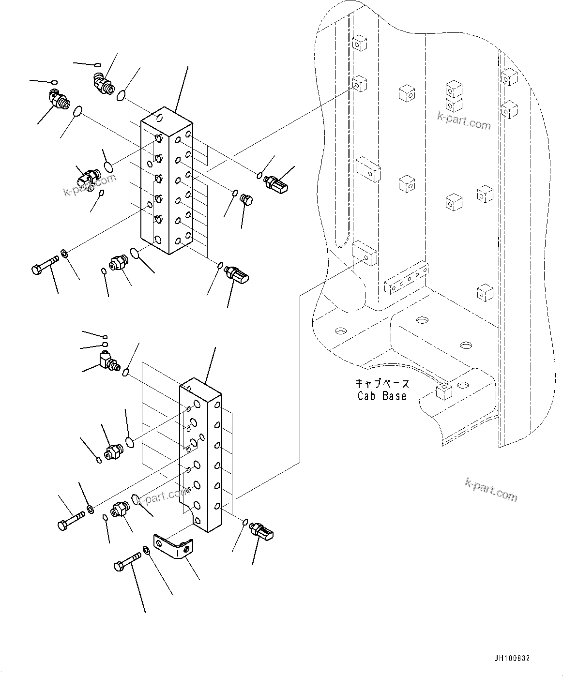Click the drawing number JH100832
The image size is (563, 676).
pyautogui.click(x=512, y=658)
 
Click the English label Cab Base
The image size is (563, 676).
pyautogui.click(x=381, y=396)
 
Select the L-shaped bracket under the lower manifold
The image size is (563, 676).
pyautogui.click(x=173, y=546)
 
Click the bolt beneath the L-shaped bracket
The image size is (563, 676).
pyautogui.click(x=126, y=564)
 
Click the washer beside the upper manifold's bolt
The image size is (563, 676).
pyautogui.click(x=64, y=254)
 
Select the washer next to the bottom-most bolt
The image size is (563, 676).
pyautogui.click(x=146, y=550)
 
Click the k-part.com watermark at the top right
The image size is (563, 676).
pyautogui.click(x=464, y=121)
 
